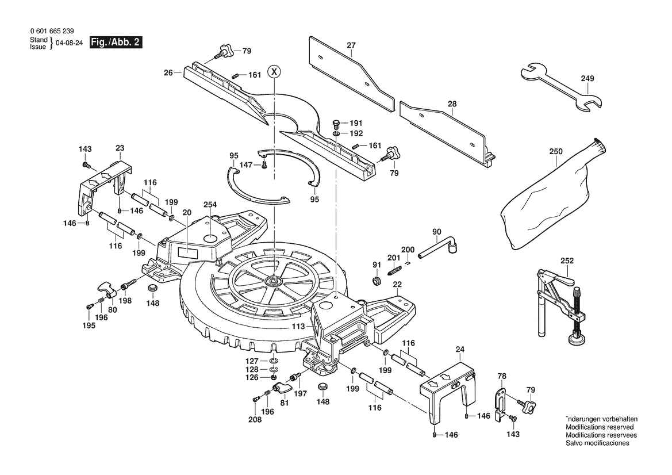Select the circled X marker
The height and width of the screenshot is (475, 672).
[x=274, y=72]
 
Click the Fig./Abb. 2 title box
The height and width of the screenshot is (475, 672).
[x=116, y=43]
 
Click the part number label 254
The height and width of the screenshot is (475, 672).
[x=210, y=205]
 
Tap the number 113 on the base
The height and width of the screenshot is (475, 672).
[x=298, y=326]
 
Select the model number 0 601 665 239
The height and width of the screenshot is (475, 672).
[x=52, y=31]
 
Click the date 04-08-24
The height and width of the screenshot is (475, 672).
[x=69, y=43]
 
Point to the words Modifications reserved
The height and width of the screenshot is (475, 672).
[x=600, y=427]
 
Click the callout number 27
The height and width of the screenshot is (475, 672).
[x=351, y=45]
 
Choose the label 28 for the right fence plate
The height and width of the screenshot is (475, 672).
[x=452, y=104]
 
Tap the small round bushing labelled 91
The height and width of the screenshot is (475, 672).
[x=377, y=281]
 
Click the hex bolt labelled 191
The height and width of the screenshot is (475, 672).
[x=336, y=124]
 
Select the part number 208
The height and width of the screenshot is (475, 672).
[x=255, y=419]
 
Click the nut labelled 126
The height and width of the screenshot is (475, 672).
[x=274, y=377]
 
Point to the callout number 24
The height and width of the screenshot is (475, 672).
[x=460, y=350]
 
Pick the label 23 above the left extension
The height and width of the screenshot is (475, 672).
[x=120, y=148]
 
